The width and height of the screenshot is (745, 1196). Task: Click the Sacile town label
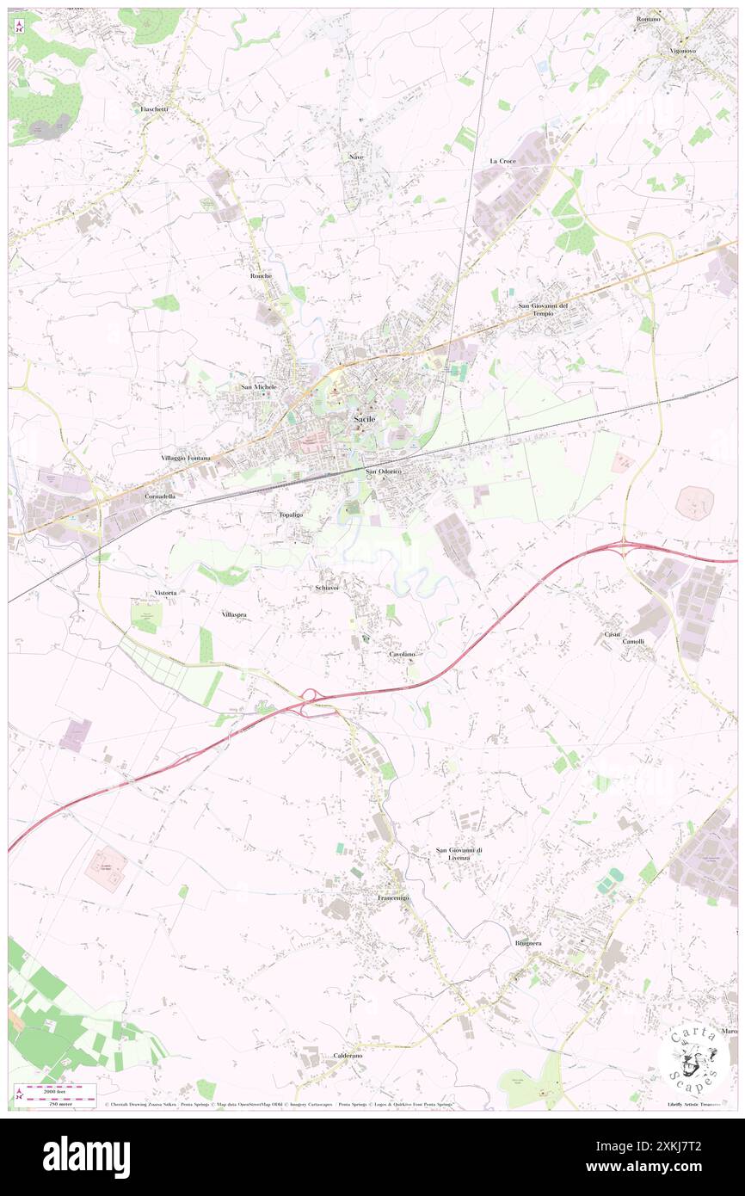[364, 419]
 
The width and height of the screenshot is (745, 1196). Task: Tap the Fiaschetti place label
[156, 109]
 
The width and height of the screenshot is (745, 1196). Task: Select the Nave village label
[356, 157]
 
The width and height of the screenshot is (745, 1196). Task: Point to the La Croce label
[502, 161]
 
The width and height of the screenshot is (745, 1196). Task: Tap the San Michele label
[259, 387]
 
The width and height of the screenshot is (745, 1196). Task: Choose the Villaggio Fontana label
[185, 458]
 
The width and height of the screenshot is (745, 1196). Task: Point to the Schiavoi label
[327, 587]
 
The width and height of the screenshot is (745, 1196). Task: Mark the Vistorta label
[165, 594]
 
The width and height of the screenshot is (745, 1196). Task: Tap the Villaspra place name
[234, 615]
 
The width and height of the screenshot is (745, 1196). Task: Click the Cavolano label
[402, 655]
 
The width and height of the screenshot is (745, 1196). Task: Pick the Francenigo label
[393, 898]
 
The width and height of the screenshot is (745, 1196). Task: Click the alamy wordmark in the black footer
[86, 1156]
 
